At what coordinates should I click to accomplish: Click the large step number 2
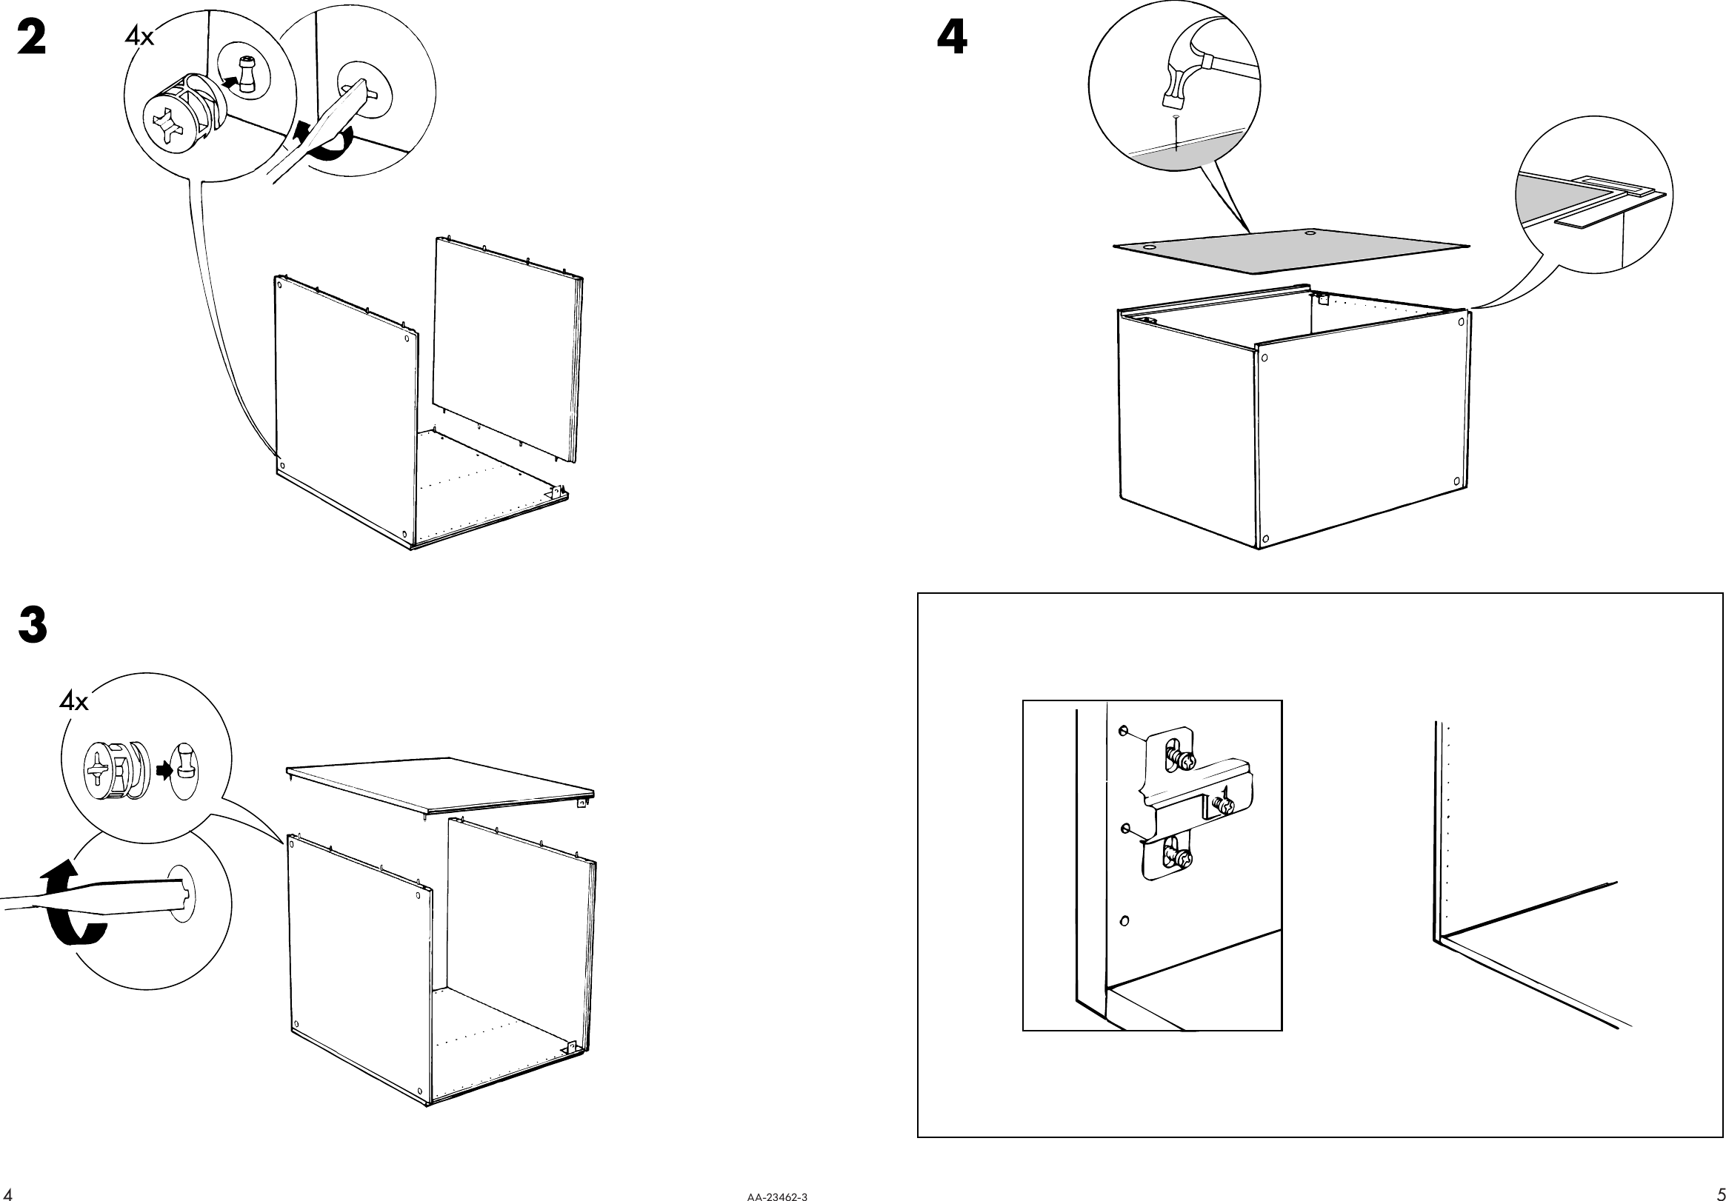(x=31, y=38)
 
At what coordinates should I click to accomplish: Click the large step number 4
(x=952, y=38)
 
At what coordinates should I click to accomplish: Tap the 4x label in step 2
(x=139, y=36)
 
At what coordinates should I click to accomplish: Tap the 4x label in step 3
(x=73, y=702)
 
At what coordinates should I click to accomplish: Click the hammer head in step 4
(x=1176, y=84)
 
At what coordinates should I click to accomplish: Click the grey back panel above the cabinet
(x=1290, y=250)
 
